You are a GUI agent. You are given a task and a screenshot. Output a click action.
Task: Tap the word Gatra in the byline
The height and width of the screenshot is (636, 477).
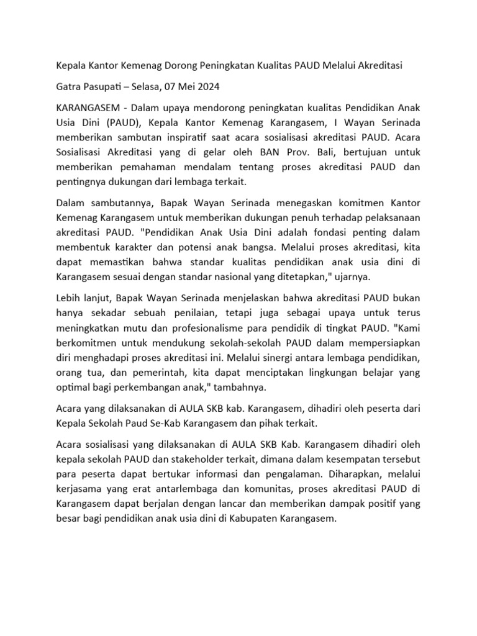point(70,86)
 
